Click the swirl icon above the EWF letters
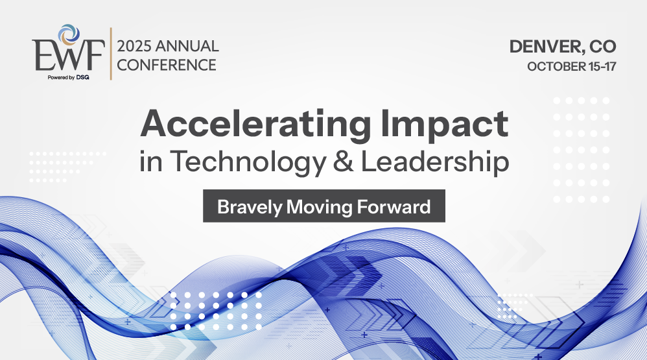[x=69, y=34]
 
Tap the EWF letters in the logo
[x=68, y=55]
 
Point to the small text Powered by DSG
[x=68, y=77]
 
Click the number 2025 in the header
[x=134, y=46]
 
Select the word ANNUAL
[x=187, y=46]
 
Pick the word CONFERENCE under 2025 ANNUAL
[x=167, y=65]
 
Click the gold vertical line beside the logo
[x=111, y=54]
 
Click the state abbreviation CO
[x=602, y=46]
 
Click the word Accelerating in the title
[x=256, y=125]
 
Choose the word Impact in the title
[x=444, y=125]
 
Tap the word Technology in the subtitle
[x=248, y=162]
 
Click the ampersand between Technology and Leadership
[x=344, y=162]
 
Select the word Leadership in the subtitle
[x=435, y=162]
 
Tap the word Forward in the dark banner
[x=394, y=206]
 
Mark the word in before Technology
[x=150, y=162]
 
